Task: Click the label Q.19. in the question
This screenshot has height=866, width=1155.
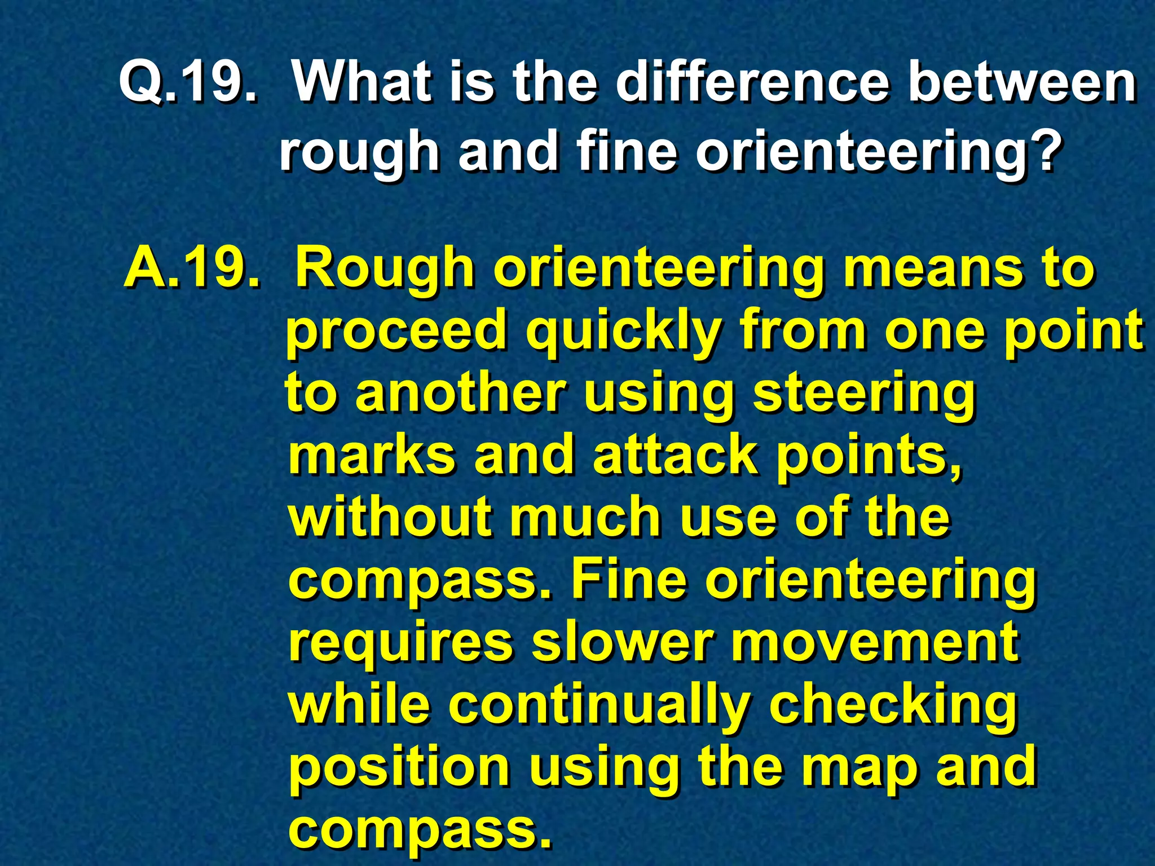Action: [x=189, y=83]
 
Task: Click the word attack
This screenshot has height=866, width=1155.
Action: [x=675, y=456]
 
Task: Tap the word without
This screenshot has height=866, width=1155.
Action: [x=389, y=518]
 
